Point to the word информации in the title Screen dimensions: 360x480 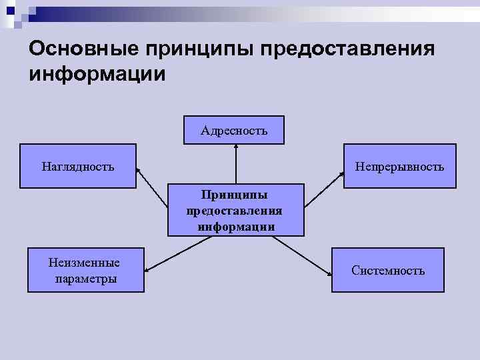pos(97,74)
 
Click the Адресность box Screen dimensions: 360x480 pos(234,131)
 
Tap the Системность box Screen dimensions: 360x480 pos(388,270)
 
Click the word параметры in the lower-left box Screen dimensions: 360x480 pos(86,279)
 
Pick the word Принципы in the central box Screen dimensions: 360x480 pos(235,195)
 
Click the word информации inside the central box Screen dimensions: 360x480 pos(236,227)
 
